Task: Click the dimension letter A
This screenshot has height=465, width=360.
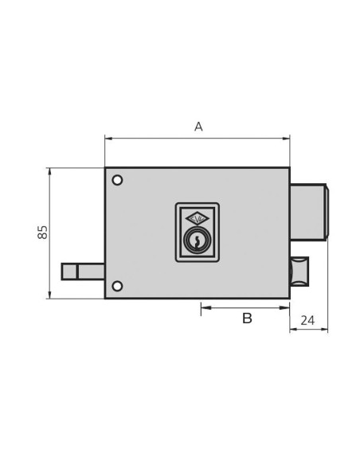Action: point(198,127)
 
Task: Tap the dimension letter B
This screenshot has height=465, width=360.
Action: point(247,318)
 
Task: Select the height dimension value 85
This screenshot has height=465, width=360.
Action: point(43,232)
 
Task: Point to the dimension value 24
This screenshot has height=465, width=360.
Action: point(307,321)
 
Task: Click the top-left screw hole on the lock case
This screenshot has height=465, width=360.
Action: point(117,180)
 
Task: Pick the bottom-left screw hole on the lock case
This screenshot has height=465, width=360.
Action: point(117,286)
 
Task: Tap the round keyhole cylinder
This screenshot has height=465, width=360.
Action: point(197,239)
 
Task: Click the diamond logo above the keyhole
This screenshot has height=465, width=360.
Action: point(197,218)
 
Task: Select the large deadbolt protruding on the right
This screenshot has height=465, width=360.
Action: point(308,212)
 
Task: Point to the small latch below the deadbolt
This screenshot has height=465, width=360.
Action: point(299,272)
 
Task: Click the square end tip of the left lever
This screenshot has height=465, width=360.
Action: point(69,272)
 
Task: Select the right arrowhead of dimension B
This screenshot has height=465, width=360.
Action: point(286,307)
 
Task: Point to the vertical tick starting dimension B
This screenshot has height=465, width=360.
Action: point(201,309)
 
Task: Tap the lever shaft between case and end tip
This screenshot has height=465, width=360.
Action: point(91,272)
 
